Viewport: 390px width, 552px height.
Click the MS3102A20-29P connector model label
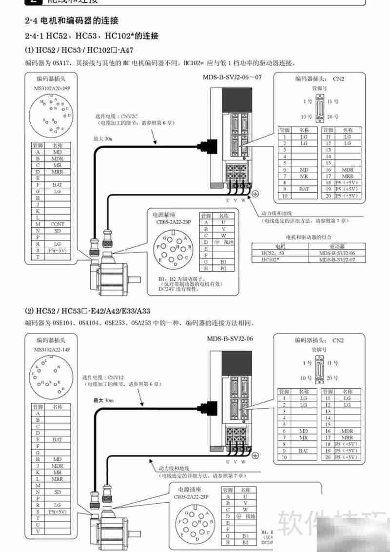click(53, 89)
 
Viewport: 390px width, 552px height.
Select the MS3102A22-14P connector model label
click(52, 350)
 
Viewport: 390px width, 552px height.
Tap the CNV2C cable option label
click(117, 116)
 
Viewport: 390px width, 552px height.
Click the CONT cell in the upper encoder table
click(58, 224)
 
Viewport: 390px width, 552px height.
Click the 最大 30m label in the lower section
click(103, 400)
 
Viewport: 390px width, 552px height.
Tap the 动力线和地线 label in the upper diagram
click(276, 213)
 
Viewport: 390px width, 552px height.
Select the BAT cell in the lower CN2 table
click(304, 451)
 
